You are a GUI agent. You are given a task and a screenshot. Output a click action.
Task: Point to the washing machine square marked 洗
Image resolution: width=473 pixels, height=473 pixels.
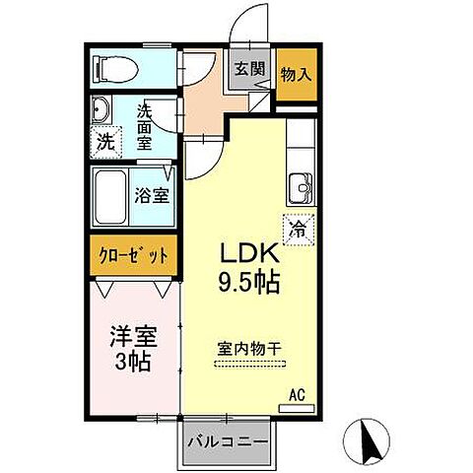105,140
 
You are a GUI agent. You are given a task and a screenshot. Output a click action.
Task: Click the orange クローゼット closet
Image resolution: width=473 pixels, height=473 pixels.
133,255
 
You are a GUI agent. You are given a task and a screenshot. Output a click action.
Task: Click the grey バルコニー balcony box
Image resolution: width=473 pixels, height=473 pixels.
226,442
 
